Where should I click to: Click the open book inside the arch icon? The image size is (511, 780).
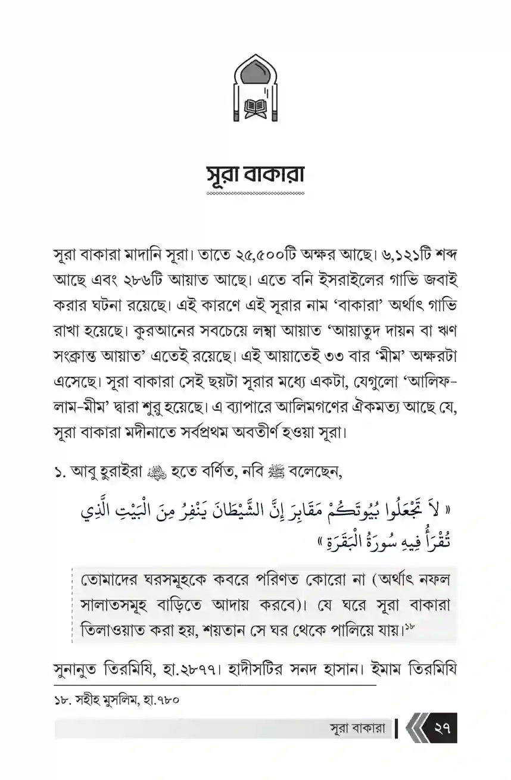click(x=255, y=108)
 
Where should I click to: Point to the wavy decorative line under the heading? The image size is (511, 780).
click(x=255, y=194)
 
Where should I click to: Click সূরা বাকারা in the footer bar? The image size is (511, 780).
click(x=357, y=729)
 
